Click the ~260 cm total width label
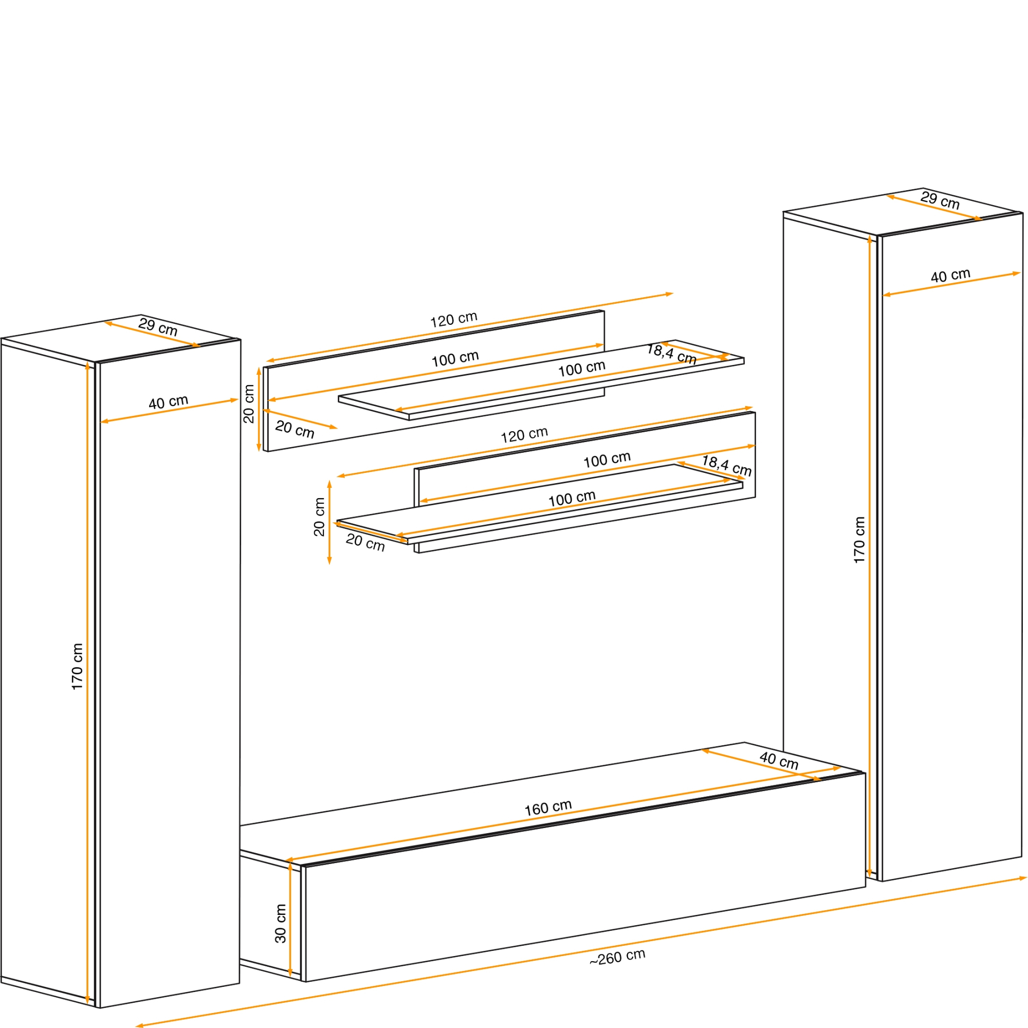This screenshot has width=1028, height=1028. point(617,957)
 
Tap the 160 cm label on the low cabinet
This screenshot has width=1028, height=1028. point(548,808)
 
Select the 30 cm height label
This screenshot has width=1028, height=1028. point(281,924)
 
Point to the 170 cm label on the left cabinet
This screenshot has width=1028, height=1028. point(77,667)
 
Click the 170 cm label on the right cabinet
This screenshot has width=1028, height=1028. point(859,540)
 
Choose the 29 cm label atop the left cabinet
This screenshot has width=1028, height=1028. point(158,326)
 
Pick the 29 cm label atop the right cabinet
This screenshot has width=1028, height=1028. point(940,200)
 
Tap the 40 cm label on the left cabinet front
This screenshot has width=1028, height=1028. point(168,402)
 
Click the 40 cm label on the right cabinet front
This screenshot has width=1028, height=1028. point(951,276)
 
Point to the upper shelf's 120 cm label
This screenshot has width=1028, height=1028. point(454,319)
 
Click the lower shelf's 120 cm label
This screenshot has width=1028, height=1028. point(524,435)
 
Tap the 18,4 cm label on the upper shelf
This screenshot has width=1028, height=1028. point(671,354)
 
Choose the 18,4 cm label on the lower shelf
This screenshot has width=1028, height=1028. point(727,466)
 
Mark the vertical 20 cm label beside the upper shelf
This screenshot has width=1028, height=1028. point(248,404)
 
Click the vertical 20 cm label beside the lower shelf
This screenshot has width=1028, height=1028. point(319,517)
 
